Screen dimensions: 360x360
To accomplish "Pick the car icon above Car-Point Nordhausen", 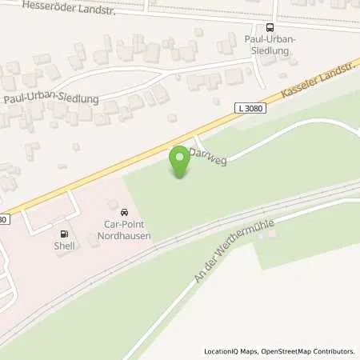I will click(x=123, y=212).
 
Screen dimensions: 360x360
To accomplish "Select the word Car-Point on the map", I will click(x=124, y=225).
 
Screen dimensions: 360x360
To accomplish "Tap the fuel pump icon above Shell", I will click(x=65, y=234).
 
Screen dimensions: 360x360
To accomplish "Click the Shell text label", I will click(x=65, y=246).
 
